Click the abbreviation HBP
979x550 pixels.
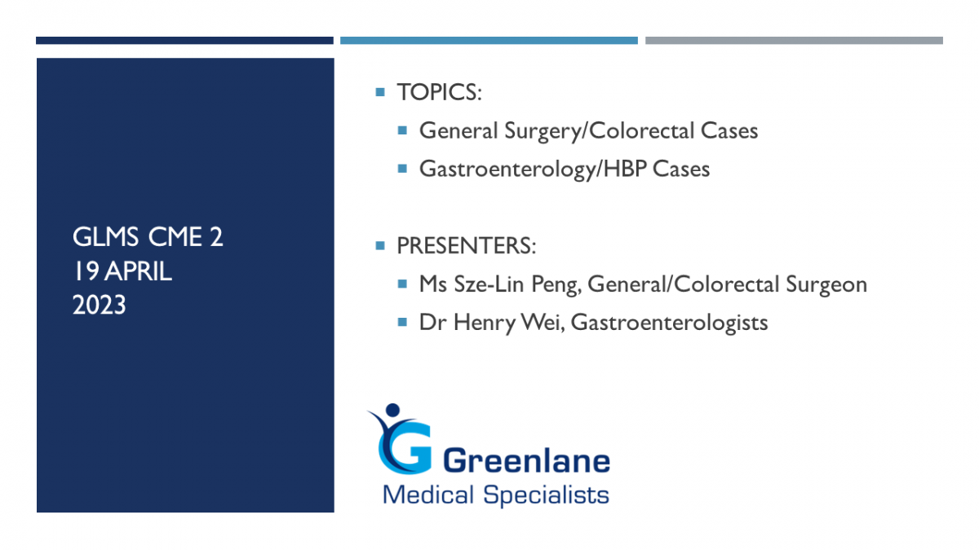(625, 169)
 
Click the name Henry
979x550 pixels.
(485, 323)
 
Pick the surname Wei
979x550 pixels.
(542, 323)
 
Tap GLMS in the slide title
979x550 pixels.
(105, 237)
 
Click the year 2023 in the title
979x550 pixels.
(100, 305)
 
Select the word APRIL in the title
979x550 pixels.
(138, 271)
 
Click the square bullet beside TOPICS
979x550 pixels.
(380, 92)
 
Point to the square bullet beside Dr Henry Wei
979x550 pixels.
(402, 322)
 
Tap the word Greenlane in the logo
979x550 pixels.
(527, 461)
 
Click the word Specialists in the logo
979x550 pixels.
(546, 495)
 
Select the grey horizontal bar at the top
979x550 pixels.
(794, 41)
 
